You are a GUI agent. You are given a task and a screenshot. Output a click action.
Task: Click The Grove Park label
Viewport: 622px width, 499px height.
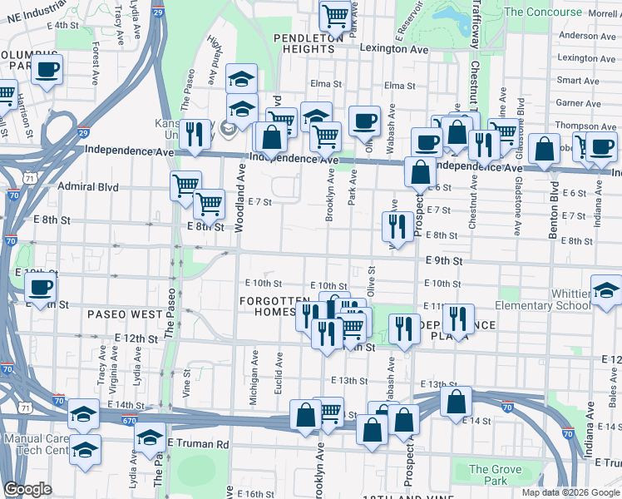click(496, 475)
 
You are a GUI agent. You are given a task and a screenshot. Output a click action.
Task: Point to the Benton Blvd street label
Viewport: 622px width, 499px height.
click(553, 217)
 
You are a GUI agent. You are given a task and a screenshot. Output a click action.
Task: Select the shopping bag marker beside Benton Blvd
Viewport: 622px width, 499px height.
click(544, 151)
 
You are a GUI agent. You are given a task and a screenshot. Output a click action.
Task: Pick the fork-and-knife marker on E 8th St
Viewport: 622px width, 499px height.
click(398, 225)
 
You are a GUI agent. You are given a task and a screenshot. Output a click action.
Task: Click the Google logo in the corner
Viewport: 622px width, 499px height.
click(27, 490)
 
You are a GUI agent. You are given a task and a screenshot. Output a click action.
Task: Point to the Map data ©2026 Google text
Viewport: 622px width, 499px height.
click(570, 492)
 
